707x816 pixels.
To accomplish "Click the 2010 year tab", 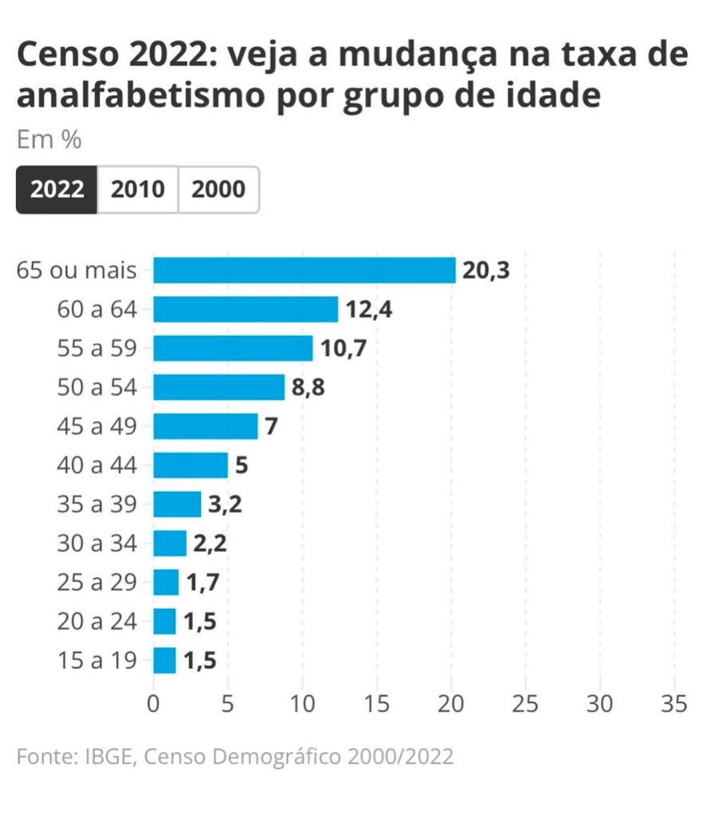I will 138,190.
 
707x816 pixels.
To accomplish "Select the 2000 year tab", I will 218,190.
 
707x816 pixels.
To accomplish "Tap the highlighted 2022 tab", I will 57,190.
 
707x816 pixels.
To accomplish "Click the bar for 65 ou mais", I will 304,270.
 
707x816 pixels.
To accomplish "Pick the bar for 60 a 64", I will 245,309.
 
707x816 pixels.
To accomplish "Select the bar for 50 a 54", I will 218,387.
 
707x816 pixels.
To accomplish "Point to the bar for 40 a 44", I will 190,465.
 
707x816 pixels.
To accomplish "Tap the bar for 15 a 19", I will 164,661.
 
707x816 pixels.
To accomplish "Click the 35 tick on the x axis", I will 674,704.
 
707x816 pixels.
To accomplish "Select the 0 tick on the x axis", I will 154,704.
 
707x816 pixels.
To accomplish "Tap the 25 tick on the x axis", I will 525,704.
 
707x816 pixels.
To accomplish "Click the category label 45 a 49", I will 97,426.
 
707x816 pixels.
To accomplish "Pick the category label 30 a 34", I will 97,543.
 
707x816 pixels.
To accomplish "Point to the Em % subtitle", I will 49,140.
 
